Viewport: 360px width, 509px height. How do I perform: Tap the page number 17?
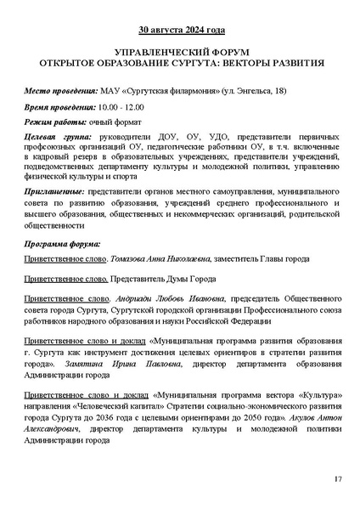point(337,481)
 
